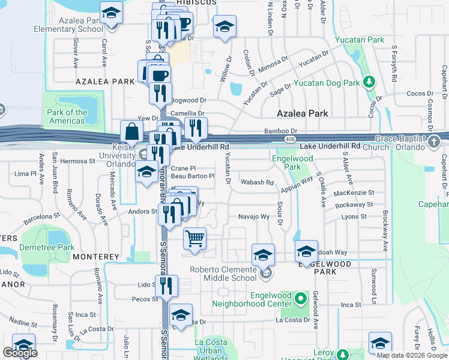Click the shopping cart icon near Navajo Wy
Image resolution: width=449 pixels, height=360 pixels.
pyautogui.click(x=194, y=238)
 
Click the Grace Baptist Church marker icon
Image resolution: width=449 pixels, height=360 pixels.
pyautogui.click(x=435, y=142)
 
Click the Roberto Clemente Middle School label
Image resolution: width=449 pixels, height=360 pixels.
pyautogui.click(x=223, y=274)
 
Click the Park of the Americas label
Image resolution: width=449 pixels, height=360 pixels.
pyautogui.click(x=67, y=116)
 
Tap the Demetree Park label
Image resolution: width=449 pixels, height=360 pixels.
pyautogui.click(x=38, y=247)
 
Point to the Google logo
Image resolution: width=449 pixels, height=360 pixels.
pyautogui.click(x=20, y=353)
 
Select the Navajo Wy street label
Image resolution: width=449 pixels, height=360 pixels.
pyautogui.click(x=253, y=217)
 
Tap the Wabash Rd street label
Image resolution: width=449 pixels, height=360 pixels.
pyautogui.click(x=256, y=182)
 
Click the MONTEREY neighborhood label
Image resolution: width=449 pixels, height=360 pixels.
pyautogui.click(x=96, y=257)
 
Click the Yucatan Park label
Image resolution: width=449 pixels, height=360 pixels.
pyautogui.click(x=367, y=40)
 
